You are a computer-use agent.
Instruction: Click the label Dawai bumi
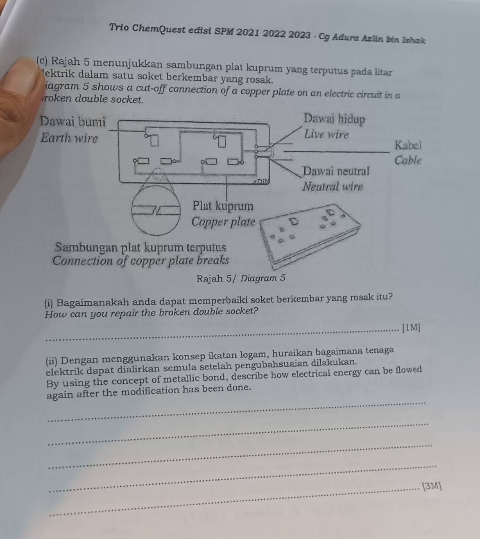coord(73,122)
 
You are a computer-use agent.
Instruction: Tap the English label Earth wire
coord(70,138)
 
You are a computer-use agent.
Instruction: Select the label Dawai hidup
coord(334,119)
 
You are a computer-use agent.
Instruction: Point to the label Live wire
coord(326,134)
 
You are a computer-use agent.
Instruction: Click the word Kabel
coord(408,145)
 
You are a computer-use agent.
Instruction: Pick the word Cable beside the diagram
coord(408,160)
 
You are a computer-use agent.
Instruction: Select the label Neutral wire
coord(333,187)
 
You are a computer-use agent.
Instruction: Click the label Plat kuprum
coord(223,205)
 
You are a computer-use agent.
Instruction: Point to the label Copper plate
coord(223,222)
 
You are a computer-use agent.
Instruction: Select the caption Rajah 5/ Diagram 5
coord(240,279)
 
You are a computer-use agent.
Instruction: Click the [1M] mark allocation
coord(411,327)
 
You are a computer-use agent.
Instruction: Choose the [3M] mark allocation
coord(432,486)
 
